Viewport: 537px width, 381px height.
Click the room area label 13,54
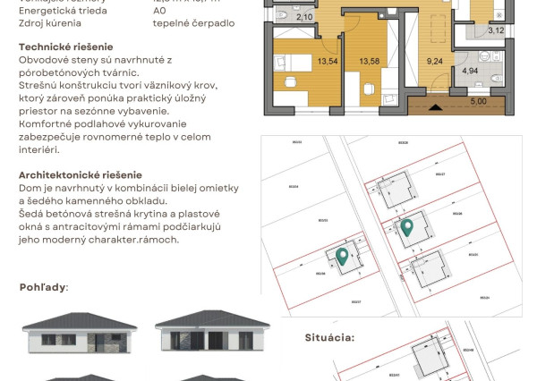click(302, 62)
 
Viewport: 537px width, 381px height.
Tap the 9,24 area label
click(436, 62)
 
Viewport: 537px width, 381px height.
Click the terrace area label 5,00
click(479, 101)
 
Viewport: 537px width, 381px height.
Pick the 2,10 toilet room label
click(304, 17)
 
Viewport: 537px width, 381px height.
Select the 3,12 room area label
click(496, 30)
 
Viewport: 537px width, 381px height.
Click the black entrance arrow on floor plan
click(436, 107)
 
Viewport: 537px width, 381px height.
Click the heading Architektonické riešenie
click(80, 175)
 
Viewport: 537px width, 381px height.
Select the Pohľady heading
click(43, 287)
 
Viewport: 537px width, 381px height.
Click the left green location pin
click(342, 257)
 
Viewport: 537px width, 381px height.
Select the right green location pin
click(406, 227)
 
